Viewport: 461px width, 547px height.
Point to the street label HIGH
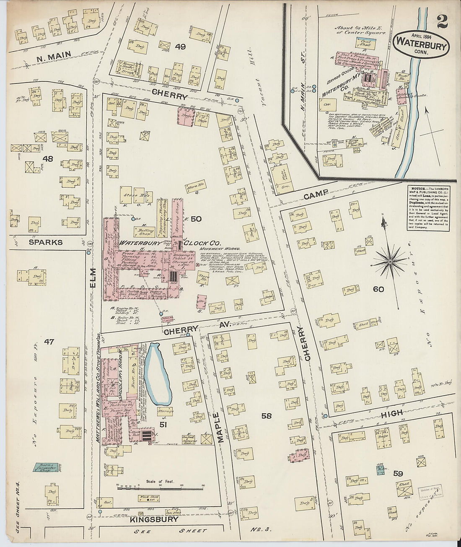click(392, 413)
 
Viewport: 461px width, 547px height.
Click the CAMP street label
click(315, 196)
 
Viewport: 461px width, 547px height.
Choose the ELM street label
click(93, 290)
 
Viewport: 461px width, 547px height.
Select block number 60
click(378, 289)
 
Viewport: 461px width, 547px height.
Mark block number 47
click(49, 342)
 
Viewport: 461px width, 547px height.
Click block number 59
click(398, 474)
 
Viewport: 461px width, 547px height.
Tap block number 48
click(48, 158)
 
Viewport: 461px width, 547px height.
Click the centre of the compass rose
click(390, 262)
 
